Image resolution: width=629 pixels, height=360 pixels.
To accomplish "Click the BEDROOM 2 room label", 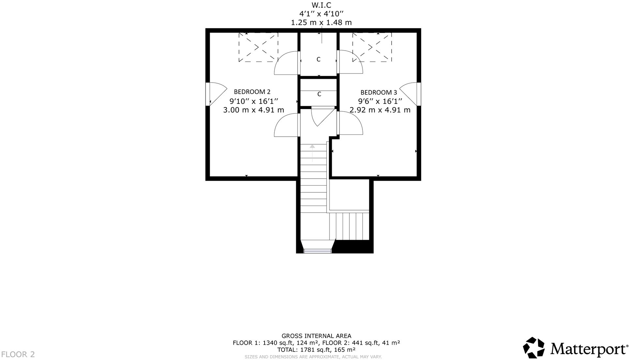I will [252, 92].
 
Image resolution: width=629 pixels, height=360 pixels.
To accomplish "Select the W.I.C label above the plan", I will [321, 5].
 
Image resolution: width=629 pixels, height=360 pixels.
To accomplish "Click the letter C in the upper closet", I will [318, 59].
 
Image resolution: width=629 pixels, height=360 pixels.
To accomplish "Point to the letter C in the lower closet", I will [319, 94].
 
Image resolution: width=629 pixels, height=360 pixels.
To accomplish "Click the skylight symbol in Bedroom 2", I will [258, 47].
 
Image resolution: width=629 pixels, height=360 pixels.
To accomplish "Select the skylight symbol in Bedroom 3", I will [372, 47].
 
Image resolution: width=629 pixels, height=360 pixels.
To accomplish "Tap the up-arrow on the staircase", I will [313, 152].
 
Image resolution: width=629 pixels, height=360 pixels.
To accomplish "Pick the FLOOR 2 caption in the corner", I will [18, 354].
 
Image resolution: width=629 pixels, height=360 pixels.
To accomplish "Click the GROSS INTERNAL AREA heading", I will [316, 336].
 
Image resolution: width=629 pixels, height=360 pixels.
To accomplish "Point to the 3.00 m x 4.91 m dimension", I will [253, 110].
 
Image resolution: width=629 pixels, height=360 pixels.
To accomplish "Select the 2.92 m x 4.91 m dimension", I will [380, 110].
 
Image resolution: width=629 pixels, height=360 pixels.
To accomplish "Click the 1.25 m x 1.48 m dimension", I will [321, 23].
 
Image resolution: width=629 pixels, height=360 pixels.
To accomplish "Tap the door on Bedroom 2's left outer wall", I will [215, 94].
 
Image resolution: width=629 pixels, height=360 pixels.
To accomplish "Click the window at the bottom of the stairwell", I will [317, 251].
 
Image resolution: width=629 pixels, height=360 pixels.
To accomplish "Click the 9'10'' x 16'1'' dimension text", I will [253, 101].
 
